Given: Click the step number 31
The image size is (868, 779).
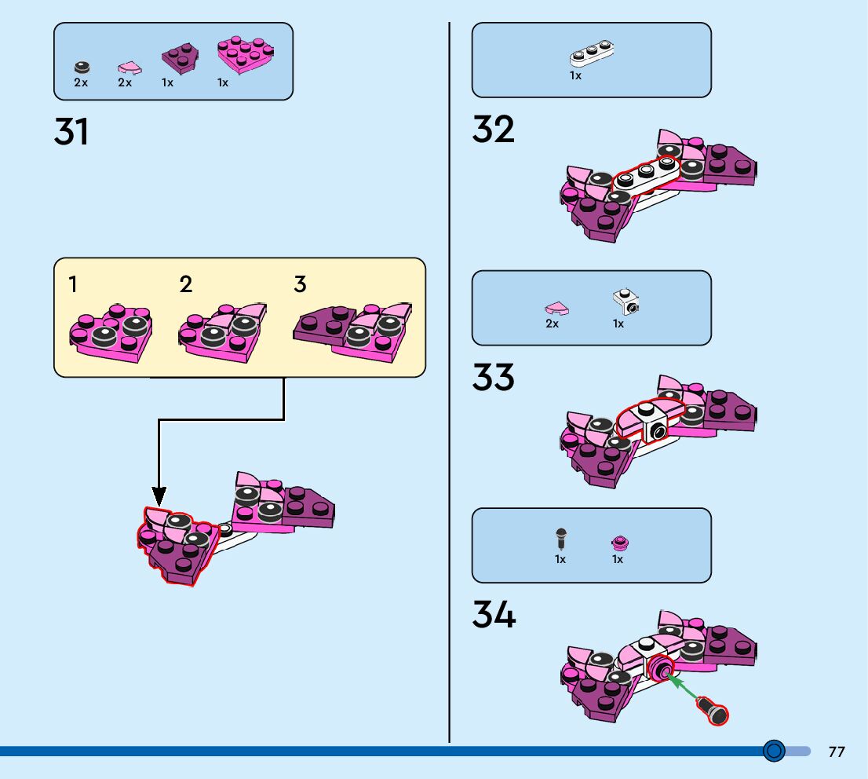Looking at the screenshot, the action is coord(71,132).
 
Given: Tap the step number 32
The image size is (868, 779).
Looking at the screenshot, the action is coord(493,130).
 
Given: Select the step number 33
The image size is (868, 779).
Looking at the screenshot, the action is coord(493,378).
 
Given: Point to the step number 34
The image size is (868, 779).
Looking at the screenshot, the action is coord(494,615).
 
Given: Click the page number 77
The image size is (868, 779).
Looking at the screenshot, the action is coord(837,752).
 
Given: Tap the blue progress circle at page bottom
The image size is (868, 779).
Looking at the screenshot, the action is coord(774,751).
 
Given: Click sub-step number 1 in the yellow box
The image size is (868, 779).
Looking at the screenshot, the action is coord(73,284).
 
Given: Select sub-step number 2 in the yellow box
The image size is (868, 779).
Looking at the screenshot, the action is coord(186,284).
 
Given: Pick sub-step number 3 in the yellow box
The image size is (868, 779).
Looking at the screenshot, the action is coord(300,284).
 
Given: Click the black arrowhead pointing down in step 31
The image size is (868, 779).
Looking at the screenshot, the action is coord(159,496).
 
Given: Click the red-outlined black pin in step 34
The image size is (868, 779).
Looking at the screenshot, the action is coord(714,711).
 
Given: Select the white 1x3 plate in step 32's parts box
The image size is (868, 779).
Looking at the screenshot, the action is coord(592,53).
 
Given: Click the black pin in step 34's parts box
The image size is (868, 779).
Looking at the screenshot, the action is coord(561,539).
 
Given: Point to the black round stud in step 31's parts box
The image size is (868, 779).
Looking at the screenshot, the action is coord(82,68).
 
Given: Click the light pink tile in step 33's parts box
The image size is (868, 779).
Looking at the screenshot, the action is coord(556,308).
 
